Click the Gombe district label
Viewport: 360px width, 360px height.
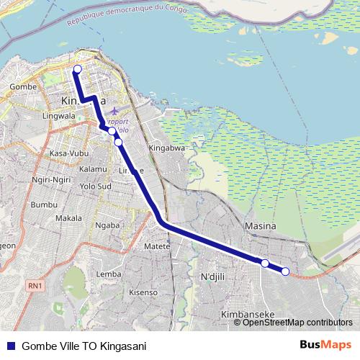pos(19,86)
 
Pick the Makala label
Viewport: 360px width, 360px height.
pos(68,218)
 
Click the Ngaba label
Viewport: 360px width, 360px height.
pos(107,225)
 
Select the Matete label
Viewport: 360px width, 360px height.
pos(156,246)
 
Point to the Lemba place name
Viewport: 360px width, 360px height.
pos(109,274)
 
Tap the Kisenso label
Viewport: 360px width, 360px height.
pos(143,292)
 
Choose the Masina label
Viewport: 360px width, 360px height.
pos(261,226)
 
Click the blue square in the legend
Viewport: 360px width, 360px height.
pos(10,346)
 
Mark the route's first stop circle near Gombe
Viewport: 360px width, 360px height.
pos(77,69)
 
